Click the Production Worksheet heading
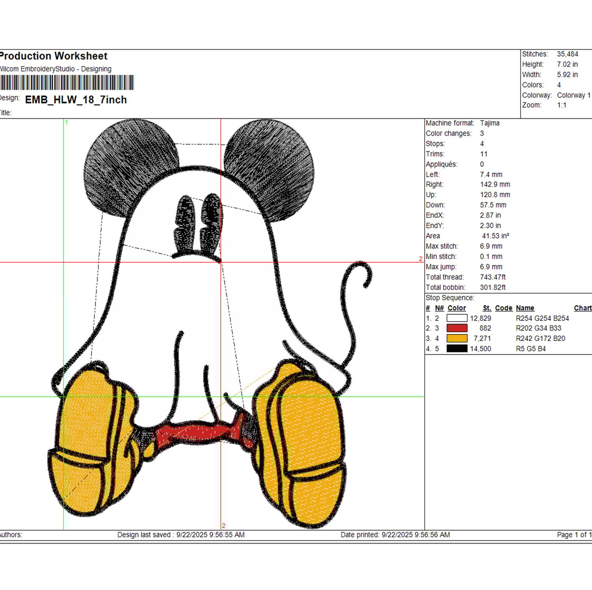click(54, 56)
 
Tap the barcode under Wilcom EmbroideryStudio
click(67, 83)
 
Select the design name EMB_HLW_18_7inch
click(76, 100)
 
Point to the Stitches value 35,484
click(568, 54)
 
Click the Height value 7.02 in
click(567, 64)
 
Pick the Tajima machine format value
click(490, 123)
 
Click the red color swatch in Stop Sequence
click(457, 328)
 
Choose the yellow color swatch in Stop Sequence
click(457, 338)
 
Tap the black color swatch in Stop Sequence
click(457, 348)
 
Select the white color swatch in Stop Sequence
click(457, 318)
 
